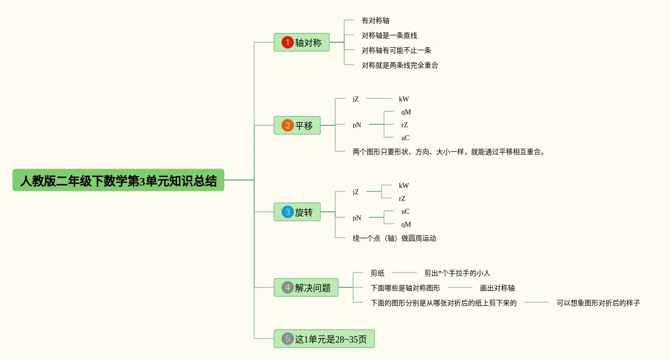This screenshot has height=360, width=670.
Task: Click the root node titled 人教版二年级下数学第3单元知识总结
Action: tap(118, 180)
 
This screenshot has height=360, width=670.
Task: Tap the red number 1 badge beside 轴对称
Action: tap(287, 42)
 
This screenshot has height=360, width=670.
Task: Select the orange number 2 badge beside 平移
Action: tap(287, 125)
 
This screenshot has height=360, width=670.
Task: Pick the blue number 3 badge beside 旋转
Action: tap(287, 212)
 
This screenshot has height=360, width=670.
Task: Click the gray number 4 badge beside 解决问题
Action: tap(287, 287)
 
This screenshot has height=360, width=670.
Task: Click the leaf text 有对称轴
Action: tap(375, 21)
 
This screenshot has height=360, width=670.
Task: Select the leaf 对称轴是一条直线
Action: tap(389, 36)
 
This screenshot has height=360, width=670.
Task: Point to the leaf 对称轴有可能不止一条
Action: tap(396, 50)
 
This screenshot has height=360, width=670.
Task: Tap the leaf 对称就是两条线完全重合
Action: tap(399, 65)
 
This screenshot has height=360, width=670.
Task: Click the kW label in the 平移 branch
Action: tap(403, 99)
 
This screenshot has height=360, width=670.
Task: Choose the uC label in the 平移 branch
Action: tap(405, 138)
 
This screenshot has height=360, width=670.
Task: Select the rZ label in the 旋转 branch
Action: tap(402, 198)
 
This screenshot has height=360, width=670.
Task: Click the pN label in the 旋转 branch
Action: tap(357, 218)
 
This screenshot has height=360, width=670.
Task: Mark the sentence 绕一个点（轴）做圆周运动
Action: tap(394, 238)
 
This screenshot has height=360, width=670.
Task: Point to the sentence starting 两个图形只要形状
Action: tap(449, 152)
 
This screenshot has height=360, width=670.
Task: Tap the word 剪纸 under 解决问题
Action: tap(378, 273)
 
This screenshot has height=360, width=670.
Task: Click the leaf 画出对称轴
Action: tap(497, 288)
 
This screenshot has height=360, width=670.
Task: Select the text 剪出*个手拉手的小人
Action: tap(457, 273)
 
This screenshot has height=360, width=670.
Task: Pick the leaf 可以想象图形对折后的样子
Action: tap(598, 303)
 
